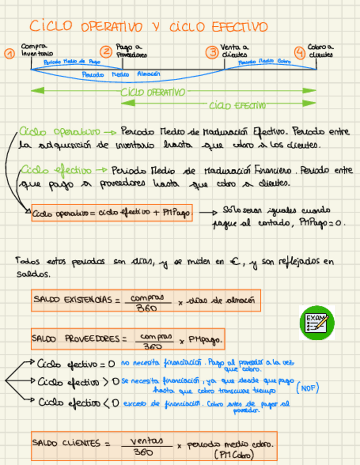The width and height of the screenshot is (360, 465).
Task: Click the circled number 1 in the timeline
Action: coord(9,53)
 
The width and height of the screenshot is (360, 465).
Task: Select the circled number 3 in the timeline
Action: coord(212,53)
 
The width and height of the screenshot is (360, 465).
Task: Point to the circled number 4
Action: coord(299,53)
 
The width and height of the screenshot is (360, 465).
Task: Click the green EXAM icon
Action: coord(317,322)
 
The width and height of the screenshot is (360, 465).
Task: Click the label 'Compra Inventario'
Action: coord(36,50)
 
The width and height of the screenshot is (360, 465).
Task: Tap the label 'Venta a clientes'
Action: coord(234,51)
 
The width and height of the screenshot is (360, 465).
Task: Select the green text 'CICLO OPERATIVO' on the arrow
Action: coord(153,92)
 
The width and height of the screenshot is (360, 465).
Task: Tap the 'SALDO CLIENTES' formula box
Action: coord(153,445)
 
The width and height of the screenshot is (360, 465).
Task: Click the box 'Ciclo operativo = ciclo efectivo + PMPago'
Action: coord(112,213)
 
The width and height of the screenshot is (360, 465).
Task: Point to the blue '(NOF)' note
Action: coord(307,389)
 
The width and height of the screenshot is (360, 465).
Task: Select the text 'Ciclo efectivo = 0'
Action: coord(75,364)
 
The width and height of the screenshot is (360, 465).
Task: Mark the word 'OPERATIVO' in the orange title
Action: coord(111,26)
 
